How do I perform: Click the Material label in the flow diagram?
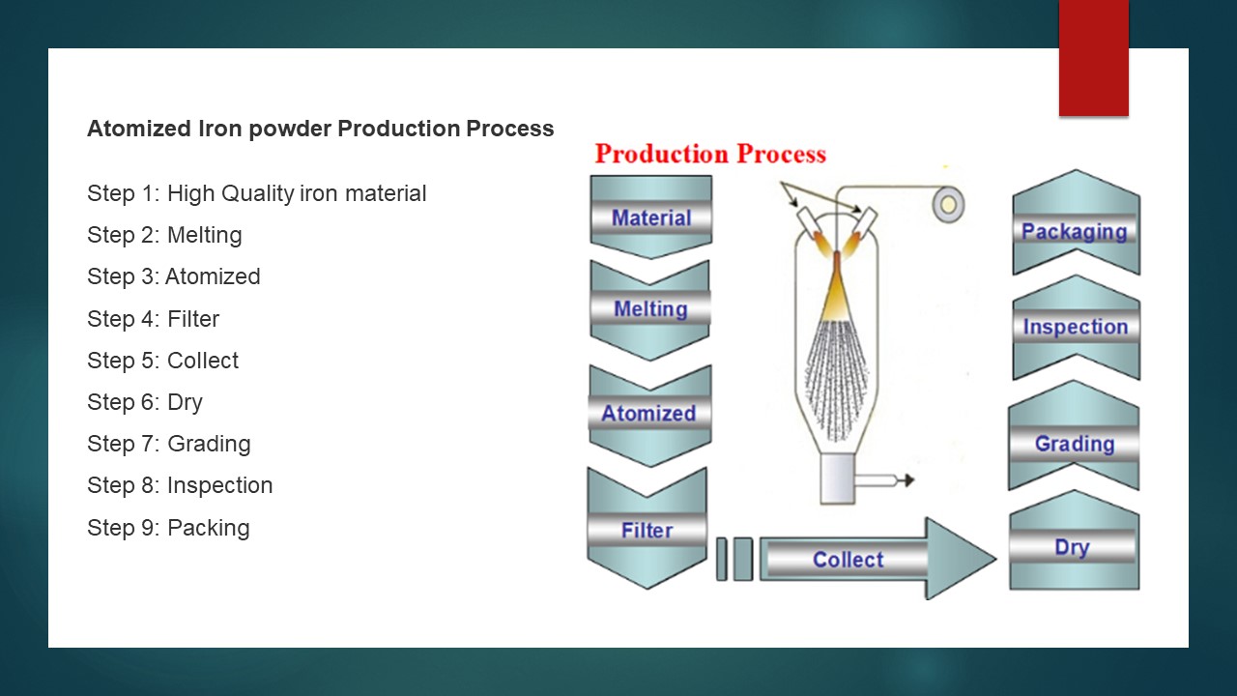[651, 217]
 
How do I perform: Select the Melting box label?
[650, 308]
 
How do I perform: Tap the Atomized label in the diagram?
[648, 413]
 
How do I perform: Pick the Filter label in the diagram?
[647, 531]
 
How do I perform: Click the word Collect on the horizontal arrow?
[848, 560]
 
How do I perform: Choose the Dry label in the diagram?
[1072, 547]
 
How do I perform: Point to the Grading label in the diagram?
[1075, 444]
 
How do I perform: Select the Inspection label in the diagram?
[1076, 327]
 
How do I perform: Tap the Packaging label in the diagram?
[1074, 232]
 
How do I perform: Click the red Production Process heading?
[710, 154]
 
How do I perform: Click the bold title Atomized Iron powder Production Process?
[320, 129]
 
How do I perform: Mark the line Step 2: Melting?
[164, 235]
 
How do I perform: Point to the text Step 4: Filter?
[153, 319]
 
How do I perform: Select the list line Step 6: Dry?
[145, 403]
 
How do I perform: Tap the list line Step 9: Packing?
[168, 528]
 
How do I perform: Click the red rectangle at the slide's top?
[1093, 58]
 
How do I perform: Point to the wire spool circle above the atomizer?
[948, 205]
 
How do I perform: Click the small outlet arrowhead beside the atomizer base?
[909, 480]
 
